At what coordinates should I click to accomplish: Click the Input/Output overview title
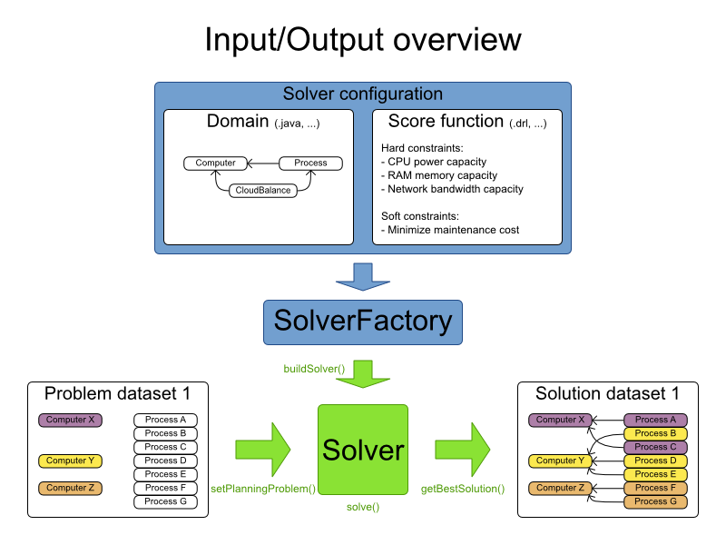363,40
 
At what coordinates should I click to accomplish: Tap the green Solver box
363,451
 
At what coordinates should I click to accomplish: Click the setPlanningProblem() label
263,490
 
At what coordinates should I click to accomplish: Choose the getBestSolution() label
463,490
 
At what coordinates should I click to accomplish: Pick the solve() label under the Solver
363,506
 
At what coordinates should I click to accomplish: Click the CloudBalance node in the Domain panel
263,190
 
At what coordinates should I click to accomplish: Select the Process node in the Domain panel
310,163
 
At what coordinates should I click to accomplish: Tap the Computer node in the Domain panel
215,163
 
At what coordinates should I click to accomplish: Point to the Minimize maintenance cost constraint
453,230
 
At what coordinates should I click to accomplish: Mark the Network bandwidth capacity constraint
455,189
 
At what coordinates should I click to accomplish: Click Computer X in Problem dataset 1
70,420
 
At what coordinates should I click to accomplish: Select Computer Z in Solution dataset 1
556,488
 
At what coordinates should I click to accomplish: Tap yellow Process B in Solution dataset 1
655,433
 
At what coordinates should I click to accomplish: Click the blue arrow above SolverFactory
363,274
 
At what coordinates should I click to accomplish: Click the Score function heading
446,121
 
